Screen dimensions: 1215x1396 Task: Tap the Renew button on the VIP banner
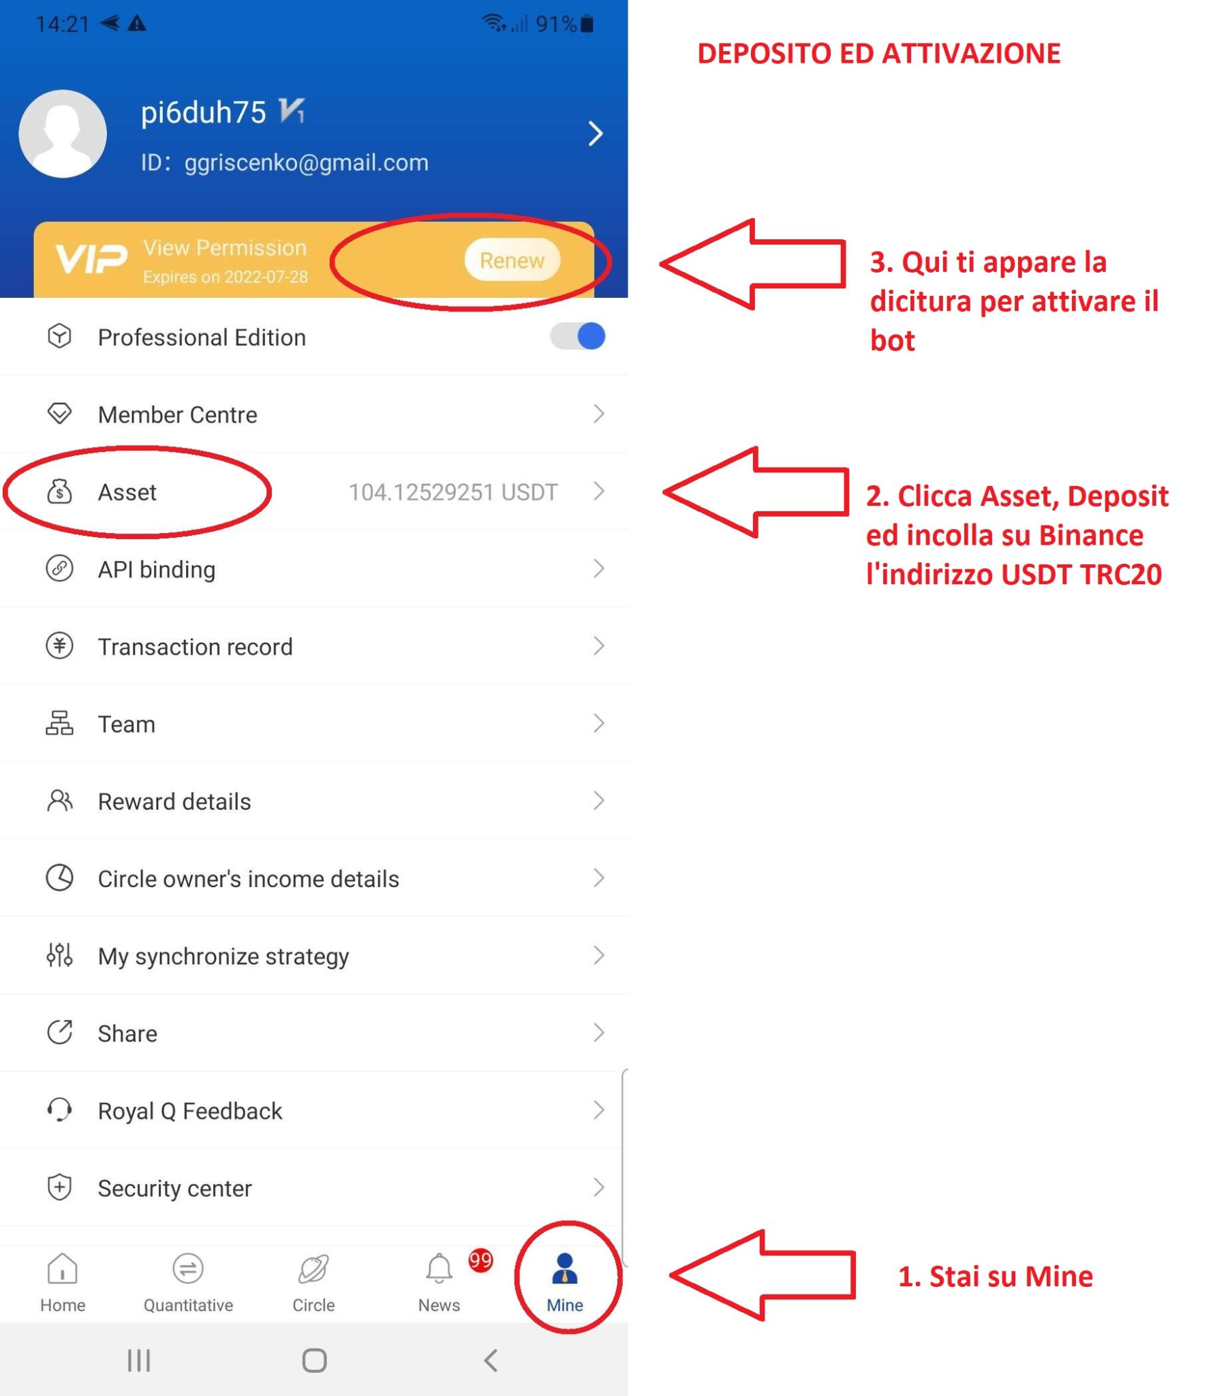coord(512,260)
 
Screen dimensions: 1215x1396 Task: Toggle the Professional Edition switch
coord(578,337)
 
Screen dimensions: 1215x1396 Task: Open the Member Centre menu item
coord(177,414)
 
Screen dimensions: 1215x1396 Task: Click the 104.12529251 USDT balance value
coord(453,492)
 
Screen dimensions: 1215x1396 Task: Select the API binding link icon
coord(59,568)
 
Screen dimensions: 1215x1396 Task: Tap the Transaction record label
coord(196,647)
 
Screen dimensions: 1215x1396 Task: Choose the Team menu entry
coord(127,724)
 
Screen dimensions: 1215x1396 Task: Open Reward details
coord(174,802)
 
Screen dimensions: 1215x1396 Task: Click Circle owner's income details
coord(249,879)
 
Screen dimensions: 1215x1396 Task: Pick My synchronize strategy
coord(224,956)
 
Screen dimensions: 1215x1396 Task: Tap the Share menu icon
coord(59,1033)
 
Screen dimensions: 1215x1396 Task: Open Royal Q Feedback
coord(190,1111)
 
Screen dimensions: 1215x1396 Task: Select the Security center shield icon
coord(59,1187)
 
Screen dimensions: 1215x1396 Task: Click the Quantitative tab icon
coord(188,1269)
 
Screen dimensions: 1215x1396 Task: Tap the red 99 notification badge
coord(480,1260)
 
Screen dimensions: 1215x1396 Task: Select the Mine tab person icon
coord(565,1269)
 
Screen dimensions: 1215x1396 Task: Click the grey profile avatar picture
coord(63,134)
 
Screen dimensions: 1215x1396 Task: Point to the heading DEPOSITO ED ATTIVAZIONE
coord(878,54)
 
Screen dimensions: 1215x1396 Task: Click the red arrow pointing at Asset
coord(756,491)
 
